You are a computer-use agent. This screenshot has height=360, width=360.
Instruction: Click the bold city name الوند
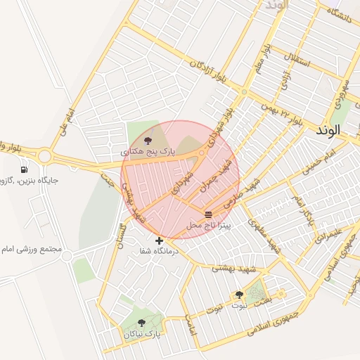(328, 130)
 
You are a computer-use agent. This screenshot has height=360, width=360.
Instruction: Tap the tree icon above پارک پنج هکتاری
(146, 141)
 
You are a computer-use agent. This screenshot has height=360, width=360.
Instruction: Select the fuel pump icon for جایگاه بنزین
(25, 169)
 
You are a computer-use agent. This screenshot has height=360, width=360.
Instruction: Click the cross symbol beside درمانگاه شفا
(160, 240)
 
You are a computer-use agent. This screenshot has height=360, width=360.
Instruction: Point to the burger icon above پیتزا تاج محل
(208, 214)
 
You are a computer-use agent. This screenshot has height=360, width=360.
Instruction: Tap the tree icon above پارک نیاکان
(141, 323)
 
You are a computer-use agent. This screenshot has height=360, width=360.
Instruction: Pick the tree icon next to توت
(239, 295)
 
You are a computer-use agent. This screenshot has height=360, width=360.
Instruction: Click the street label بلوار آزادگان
(209, 70)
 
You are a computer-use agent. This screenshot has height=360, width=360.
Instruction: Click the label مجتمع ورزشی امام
(32, 250)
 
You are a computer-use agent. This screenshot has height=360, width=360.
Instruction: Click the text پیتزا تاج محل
(205, 226)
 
